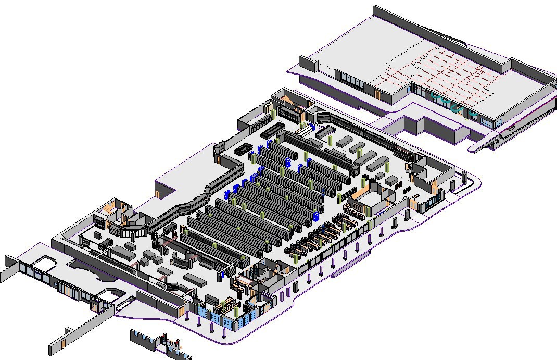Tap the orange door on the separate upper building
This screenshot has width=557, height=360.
pos(377,95)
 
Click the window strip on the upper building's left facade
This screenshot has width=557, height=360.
pos(354,81)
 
